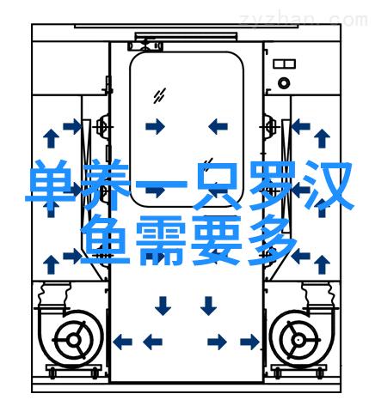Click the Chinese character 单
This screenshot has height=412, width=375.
tap(51, 185)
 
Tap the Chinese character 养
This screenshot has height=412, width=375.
tap(106, 185)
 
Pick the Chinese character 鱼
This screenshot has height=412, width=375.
tap(106, 240)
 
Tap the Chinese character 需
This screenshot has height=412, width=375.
tap(161, 240)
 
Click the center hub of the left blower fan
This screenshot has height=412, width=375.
tap(74, 340)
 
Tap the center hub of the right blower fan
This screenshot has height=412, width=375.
tap(298, 340)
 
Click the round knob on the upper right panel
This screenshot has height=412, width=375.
tap(284, 83)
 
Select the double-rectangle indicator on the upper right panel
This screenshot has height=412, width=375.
tap(284, 64)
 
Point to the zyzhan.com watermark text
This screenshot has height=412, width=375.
tap(304, 20)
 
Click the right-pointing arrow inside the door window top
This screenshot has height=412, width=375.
tap(155, 126)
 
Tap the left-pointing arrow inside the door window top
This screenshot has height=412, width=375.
tap(218, 126)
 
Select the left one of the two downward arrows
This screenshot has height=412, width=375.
tap(163, 306)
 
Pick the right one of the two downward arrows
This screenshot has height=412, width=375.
tap(208, 306)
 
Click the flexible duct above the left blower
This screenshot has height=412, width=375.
tap(54, 295)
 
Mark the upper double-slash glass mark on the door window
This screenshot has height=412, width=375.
tap(159, 96)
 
